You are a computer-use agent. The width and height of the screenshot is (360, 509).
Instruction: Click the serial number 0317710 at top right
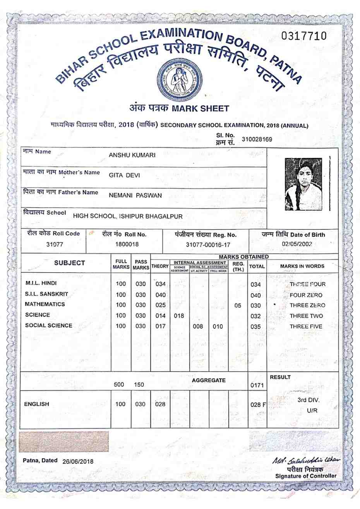tap(304, 36)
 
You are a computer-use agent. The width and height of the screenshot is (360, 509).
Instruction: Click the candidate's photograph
tap(303, 184)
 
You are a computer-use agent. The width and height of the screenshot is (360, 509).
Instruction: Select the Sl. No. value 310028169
tap(257, 139)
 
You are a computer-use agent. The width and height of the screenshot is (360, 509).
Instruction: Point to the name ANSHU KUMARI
tap(132, 155)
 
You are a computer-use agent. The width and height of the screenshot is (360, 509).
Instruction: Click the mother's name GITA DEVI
tap(124, 175)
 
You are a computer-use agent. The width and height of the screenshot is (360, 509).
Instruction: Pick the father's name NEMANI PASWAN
tap(135, 195)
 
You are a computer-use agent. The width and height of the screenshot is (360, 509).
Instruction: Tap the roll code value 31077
tap(54, 244)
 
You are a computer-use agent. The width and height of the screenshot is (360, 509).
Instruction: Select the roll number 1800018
tap(127, 244)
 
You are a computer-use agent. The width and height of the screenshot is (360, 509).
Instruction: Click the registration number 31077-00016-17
tap(208, 244)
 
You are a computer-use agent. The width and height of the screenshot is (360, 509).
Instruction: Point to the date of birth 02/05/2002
tap(297, 244)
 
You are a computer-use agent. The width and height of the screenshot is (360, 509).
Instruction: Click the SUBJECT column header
tap(69, 263)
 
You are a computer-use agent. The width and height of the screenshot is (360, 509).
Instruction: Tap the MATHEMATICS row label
tap(45, 304)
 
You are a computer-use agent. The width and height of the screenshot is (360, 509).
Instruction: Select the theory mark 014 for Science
tap(160, 316)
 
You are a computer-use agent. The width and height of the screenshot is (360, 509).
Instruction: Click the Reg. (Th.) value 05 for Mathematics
tap(238, 306)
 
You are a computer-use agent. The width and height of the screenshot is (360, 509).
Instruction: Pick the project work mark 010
tap(218, 326)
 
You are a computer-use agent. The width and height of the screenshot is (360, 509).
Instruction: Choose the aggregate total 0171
tap(257, 385)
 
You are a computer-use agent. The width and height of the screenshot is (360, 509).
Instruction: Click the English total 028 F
tap(258, 405)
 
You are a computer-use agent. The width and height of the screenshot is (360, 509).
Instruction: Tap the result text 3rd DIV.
tap(309, 400)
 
